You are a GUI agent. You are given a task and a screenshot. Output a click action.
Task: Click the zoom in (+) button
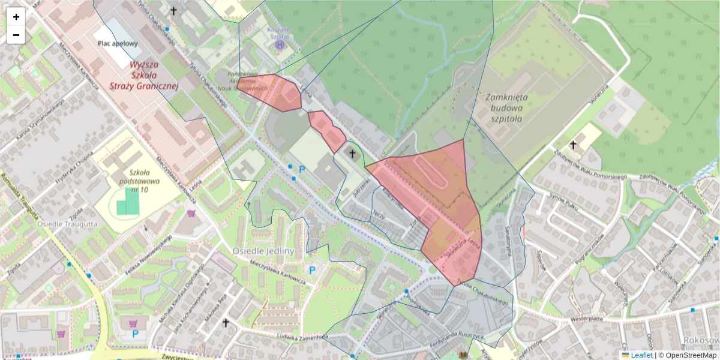[x=16, y=17]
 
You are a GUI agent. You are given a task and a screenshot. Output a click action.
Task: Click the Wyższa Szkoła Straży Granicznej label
[x=145, y=75]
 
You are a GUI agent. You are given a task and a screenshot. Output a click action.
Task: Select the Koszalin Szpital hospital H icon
[x=280, y=44]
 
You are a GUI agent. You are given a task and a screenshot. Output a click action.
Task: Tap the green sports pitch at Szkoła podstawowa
[x=127, y=202]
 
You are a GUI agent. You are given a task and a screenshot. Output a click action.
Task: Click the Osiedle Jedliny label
[x=265, y=250]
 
